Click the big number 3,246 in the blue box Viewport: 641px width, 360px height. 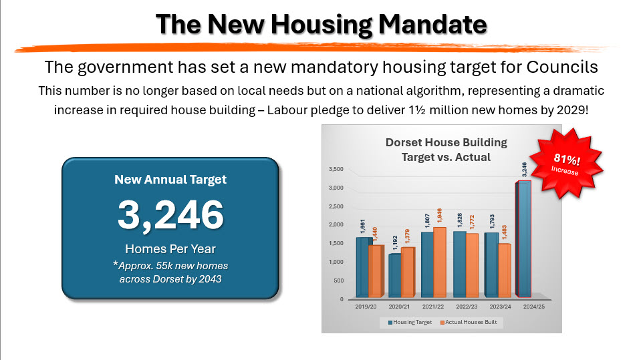170,215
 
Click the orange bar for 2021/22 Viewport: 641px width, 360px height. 440,263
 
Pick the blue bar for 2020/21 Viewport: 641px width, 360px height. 395,275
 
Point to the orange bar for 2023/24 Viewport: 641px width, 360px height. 503,271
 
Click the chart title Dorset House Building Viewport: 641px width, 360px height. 446,142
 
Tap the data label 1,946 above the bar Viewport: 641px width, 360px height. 440,216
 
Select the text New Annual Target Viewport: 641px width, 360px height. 170,179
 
